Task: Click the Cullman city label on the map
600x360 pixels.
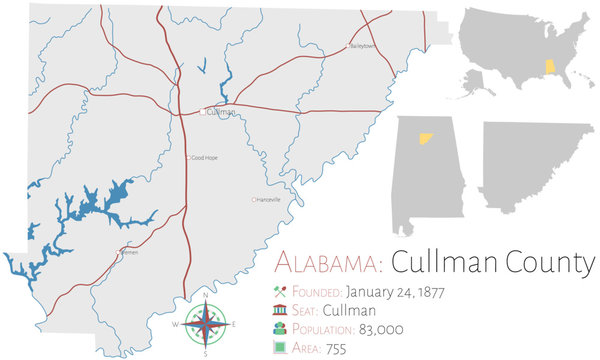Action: tap(223, 112)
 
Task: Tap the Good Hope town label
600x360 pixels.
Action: tap(204, 158)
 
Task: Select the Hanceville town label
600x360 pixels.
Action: tap(268, 200)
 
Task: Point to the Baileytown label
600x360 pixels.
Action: tap(363, 46)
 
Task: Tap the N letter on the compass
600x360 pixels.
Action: tap(204, 296)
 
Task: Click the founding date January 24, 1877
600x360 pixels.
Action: tap(395, 292)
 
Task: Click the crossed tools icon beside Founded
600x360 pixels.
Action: tap(278, 292)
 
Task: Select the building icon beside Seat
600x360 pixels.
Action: tap(278, 311)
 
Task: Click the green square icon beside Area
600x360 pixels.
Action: tap(278, 348)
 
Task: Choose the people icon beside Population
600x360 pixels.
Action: tap(278, 329)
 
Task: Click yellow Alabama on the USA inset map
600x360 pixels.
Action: tap(547, 66)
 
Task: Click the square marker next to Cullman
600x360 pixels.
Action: tap(203, 112)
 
